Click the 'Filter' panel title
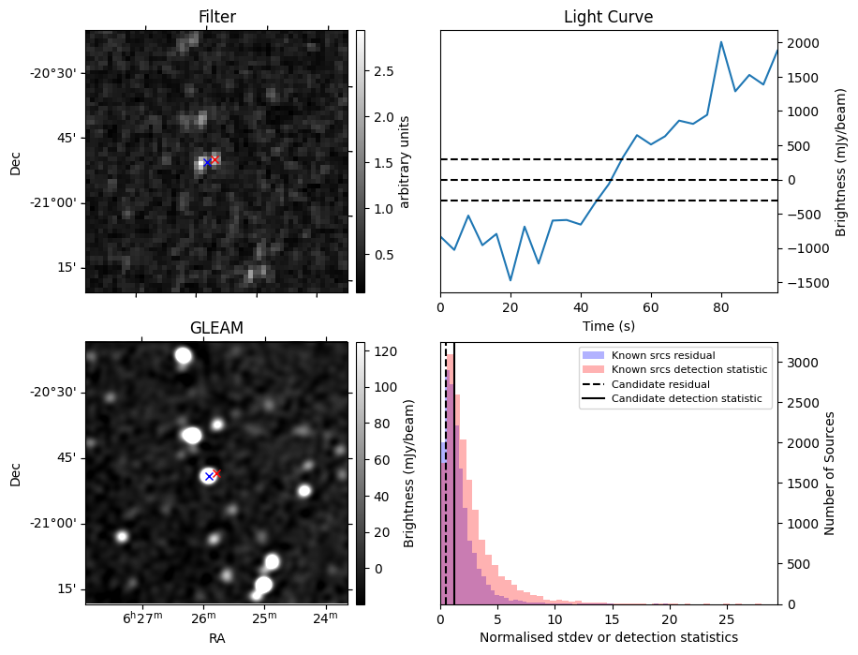tap(216, 17)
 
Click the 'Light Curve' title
tap(608, 17)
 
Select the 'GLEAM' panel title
tap(216, 328)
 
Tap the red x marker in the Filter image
tap(214, 159)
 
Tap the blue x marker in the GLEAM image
tap(208, 476)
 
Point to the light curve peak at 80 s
tap(721, 42)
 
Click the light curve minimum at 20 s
tap(510, 280)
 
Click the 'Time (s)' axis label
tap(608, 325)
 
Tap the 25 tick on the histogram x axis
tap(726, 619)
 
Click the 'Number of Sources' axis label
tap(829, 472)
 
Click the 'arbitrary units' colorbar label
tap(405, 161)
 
